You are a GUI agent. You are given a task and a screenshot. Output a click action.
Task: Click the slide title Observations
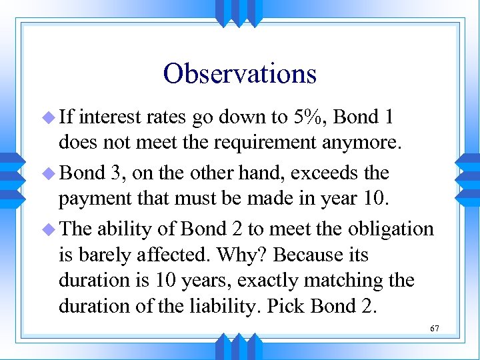tap(239, 73)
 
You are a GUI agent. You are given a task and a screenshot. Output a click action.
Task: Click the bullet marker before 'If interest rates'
tap(47, 119)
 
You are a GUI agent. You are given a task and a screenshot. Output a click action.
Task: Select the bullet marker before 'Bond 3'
tap(47, 173)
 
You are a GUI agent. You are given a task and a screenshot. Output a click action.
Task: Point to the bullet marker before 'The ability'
tap(47, 229)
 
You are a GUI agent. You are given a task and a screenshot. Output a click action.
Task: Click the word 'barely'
tap(120, 255)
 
